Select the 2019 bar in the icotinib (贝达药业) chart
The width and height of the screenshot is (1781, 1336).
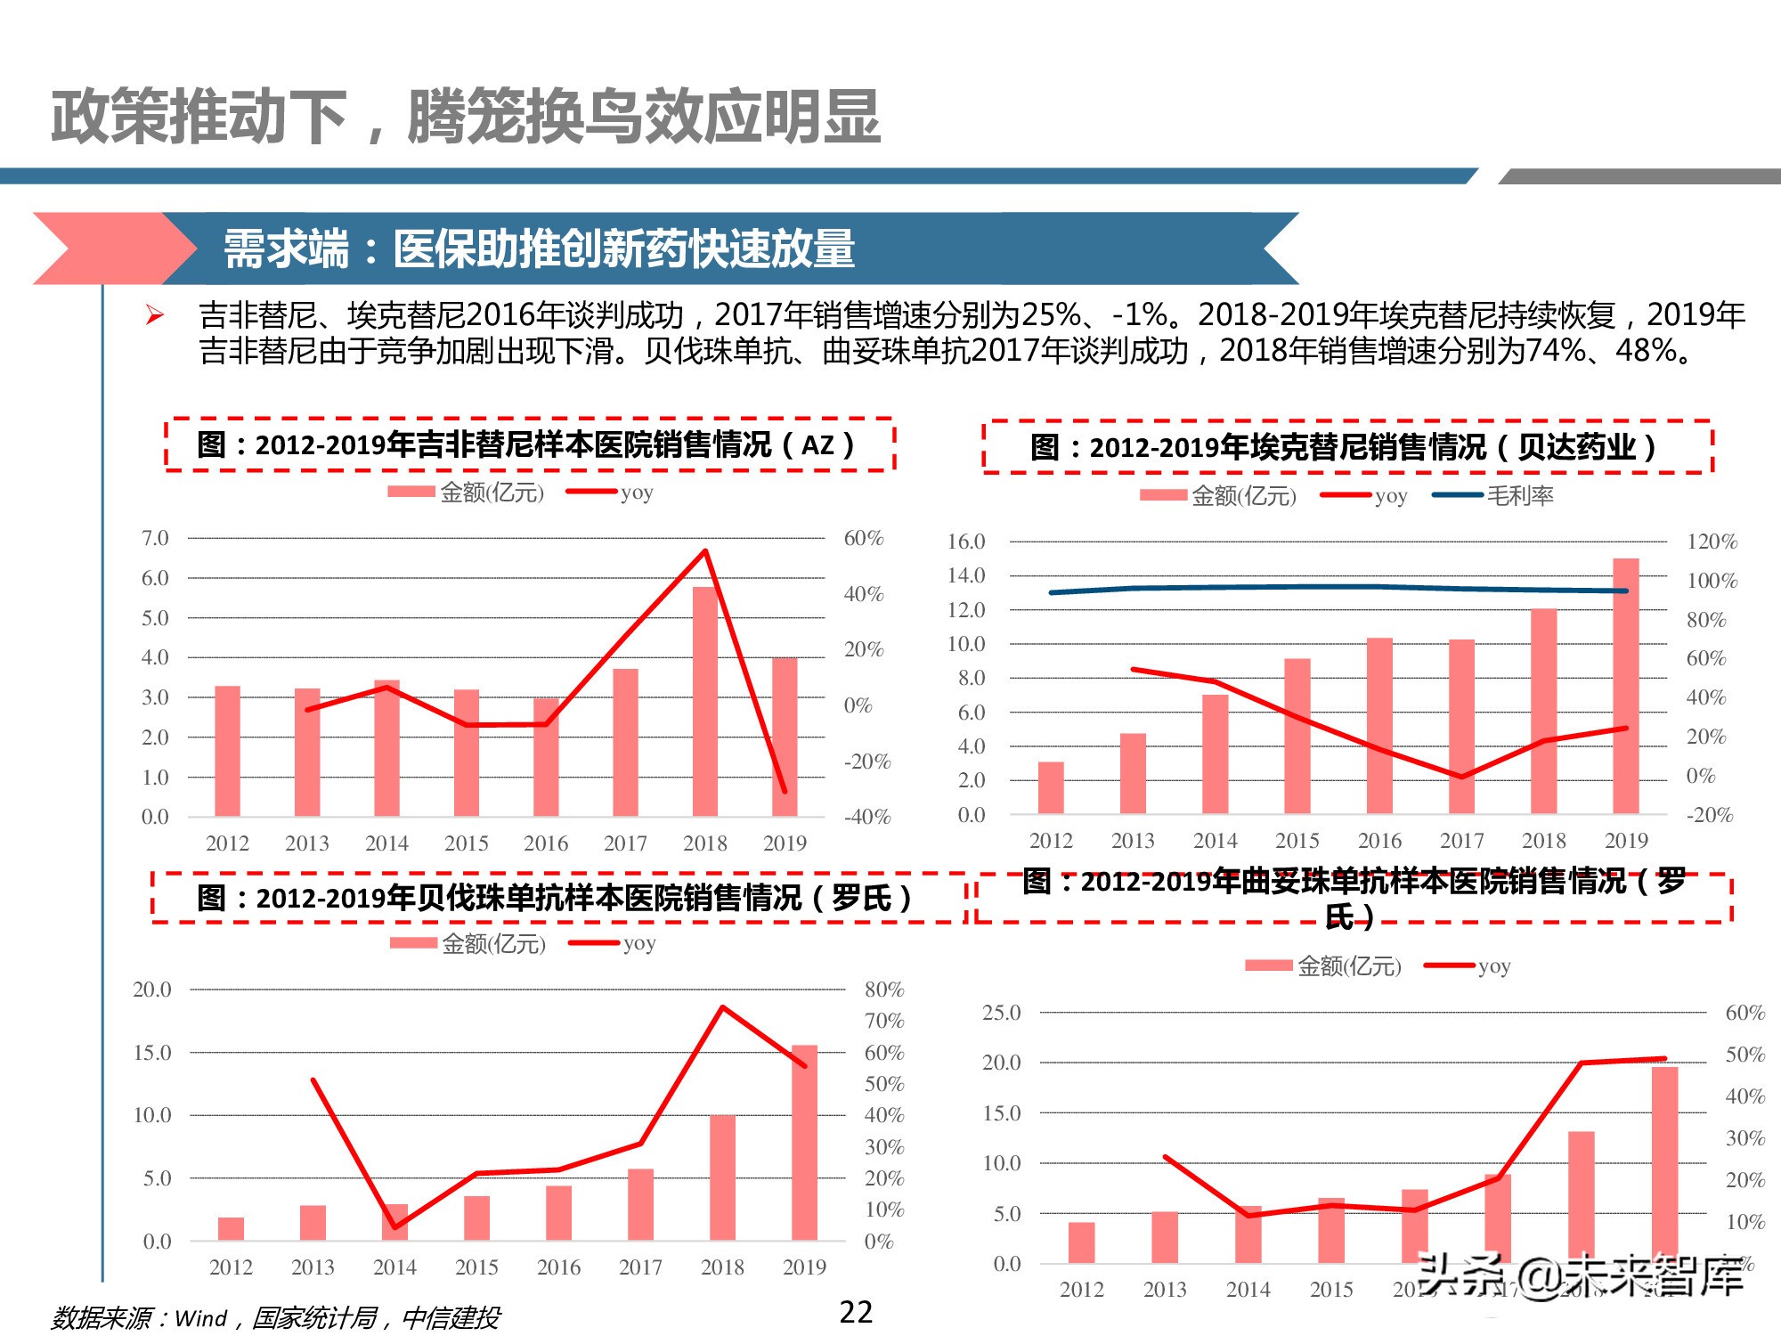point(1626,686)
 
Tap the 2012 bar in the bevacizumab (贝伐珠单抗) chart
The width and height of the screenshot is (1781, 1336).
point(231,1228)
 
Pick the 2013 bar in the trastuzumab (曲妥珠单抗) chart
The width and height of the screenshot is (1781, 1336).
point(1165,1237)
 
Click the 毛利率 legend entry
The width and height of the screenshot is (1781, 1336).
point(1518,496)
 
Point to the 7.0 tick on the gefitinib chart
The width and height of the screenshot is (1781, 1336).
point(155,538)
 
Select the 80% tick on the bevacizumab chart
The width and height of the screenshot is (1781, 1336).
point(884,990)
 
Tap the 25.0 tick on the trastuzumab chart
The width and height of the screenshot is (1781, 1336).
point(1001,1013)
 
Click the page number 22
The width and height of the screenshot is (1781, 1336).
point(856,1312)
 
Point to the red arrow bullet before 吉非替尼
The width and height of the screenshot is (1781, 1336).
point(155,314)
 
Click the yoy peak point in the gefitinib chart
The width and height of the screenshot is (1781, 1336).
point(705,551)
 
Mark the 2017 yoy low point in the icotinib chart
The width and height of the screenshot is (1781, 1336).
point(1461,777)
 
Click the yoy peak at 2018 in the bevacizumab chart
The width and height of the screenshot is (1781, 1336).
point(722,1008)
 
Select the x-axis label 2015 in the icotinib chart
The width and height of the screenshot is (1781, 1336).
point(1297,841)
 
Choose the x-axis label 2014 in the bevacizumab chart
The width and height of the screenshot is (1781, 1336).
point(394,1267)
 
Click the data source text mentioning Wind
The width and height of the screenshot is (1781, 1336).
point(275,1317)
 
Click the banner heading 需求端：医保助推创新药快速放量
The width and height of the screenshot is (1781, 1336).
point(539,248)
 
